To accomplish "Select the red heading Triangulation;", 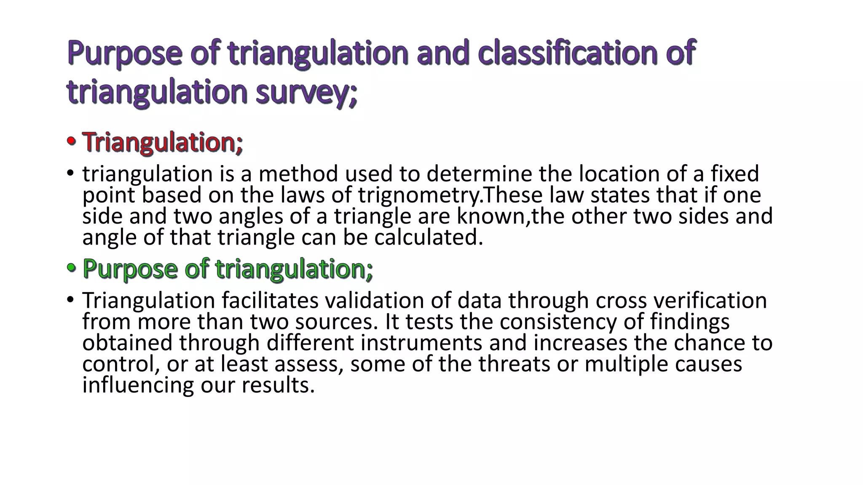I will tap(162, 142).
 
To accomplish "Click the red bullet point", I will tap(71, 142).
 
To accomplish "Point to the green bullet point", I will tap(71, 268).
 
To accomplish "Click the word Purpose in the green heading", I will tap(130, 269).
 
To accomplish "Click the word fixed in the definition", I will tap(734, 174).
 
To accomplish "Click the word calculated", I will tap(429, 237).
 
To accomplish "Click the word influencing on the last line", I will tap(138, 385).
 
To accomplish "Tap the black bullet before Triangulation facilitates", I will tap(70, 300).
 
